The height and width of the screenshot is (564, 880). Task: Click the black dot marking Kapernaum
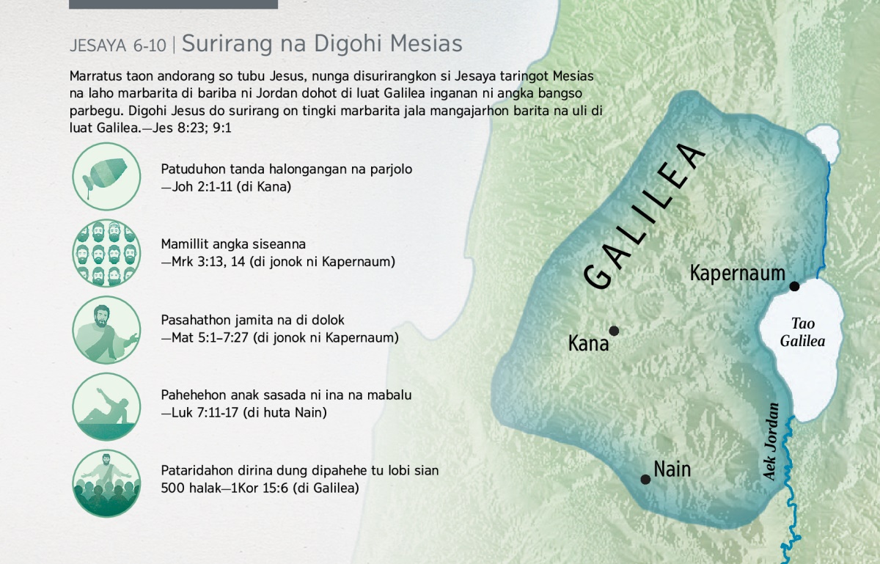794,286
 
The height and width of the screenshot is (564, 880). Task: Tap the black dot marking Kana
614,331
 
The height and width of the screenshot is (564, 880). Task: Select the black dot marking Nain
645,479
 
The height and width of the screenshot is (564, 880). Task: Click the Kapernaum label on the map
738,273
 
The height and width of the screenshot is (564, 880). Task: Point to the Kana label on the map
588,343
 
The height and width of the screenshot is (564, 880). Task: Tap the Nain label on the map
672,469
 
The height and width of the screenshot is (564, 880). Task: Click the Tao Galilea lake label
802,332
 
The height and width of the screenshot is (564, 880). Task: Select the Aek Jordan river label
771,442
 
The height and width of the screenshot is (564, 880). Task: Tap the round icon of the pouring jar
106,177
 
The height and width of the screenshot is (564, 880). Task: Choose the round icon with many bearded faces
106,253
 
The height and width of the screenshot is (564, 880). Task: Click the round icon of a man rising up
106,406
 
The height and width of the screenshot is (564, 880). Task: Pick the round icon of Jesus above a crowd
106,483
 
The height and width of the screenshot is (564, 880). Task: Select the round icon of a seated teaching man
106,330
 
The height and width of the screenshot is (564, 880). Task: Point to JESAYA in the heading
98,46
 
